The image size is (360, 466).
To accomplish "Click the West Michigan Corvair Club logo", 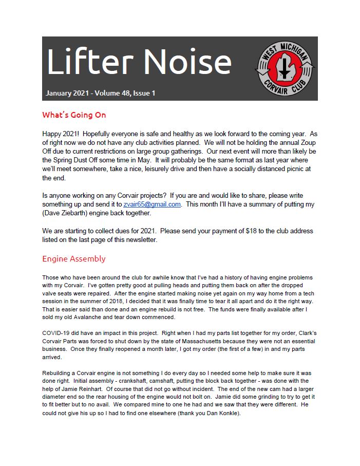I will pyautogui.click(x=286, y=68).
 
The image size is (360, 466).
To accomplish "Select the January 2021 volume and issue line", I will pyautogui.click(x=100, y=93).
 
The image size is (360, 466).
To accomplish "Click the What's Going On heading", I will pyautogui.click(x=74, y=115).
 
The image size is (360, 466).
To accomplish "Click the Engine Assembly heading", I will pyautogui.click(x=74, y=259).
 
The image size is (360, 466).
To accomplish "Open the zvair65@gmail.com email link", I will pyautogui.click(x=152, y=204).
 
